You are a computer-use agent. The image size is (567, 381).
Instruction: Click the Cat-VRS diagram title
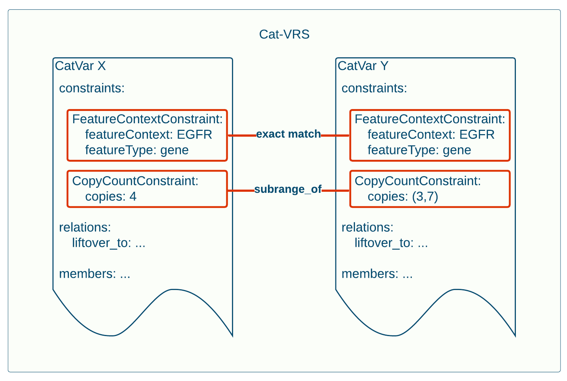click(x=284, y=34)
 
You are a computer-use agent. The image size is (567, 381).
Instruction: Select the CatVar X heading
click(x=80, y=66)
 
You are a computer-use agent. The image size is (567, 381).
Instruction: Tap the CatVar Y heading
click(x=363, y=66)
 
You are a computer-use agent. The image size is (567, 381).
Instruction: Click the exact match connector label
click(x=288, y=134)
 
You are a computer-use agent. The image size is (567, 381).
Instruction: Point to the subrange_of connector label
click(x=288, y=189)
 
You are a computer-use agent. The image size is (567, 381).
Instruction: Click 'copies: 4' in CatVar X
click(x=111, y=196)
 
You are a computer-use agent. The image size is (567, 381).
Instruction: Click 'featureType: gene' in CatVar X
click(x=137, y=150)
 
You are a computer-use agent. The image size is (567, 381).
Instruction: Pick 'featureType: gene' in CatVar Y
click(x=419, y=150)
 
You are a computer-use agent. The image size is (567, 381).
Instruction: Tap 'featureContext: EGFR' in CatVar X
click(x=148, y=134)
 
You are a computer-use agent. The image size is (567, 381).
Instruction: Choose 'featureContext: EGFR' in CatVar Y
click(x=431, y=134)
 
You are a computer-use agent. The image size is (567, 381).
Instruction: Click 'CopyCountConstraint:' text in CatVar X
click(x=135, y=181)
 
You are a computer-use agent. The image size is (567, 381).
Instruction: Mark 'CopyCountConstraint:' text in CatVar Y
click(x=418, y=181)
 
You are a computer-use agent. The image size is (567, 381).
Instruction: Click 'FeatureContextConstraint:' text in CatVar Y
click(x=430, y=119)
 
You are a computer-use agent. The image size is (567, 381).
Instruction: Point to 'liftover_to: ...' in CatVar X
click(x=108, y=243)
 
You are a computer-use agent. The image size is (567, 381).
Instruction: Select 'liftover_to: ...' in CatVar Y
click(x=391, y=243)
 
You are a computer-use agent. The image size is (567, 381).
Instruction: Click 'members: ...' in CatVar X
click(x=95, y=274)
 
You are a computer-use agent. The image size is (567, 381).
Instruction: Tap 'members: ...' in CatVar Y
click(x=377, y=274)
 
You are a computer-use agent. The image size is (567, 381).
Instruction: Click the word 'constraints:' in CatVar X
click(x=92, y=88)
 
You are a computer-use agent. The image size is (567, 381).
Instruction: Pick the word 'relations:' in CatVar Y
click(x=367, y=227)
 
